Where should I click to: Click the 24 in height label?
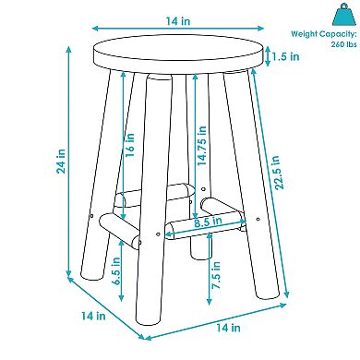[x=61, y=161]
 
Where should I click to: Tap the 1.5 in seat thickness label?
[x=285, y=56]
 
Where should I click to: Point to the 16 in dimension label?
[x=130, y=145]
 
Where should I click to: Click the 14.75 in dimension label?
[x=202, y=146]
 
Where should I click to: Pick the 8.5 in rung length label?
[x=208, y=222]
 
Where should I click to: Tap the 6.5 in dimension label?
[x=116, y=270]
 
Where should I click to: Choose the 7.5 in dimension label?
[x=216, y=275]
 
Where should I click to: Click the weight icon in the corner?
[x=344, y=15]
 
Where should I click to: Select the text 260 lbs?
[x=343, y=44]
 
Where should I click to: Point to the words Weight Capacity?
[x=324, y=34]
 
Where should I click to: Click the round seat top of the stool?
[x=178, y=52]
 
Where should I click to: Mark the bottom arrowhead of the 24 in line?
[x=69, y=273]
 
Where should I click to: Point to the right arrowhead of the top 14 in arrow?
[x=261, y=29]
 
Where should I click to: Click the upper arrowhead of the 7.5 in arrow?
[x=210, y=235]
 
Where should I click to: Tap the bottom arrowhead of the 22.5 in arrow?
[x=287, y=294]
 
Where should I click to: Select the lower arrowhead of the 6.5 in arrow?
[x=121, y=298]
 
